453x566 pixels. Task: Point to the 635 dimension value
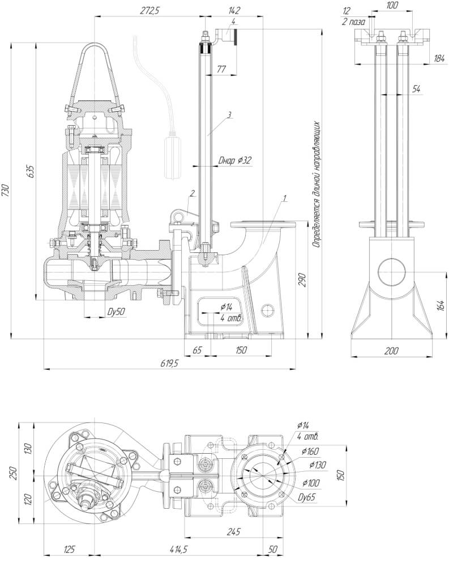tap(31, 170)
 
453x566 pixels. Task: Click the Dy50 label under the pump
tap(116, 312)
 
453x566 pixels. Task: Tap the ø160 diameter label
tap(310, 451)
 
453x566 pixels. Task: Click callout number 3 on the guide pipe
tap(229, 115)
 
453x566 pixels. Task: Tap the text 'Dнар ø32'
tap(235, 160)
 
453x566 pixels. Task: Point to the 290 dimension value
tap(302, 280)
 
